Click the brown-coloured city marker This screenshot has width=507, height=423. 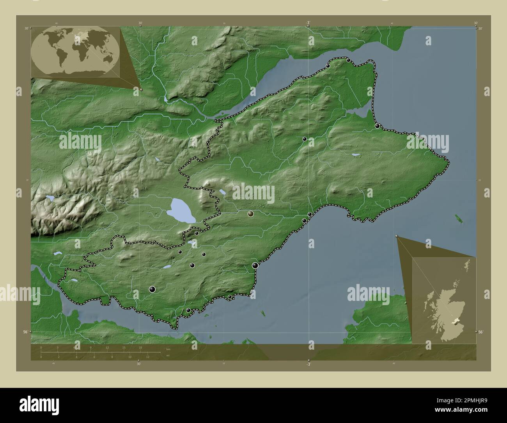click(250, 214)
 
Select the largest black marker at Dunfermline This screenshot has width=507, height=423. click(152, 289)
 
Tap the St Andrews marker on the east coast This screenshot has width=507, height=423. click(378, 126)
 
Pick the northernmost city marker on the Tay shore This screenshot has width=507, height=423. click(348, 60)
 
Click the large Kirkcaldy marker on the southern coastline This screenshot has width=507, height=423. click(255, 266)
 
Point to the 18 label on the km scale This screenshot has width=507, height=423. click(140, 347)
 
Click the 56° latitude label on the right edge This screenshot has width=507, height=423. click(480, 332)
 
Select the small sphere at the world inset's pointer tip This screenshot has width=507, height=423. click(141, 89)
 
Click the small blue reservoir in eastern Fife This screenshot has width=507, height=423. click(356, 155)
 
